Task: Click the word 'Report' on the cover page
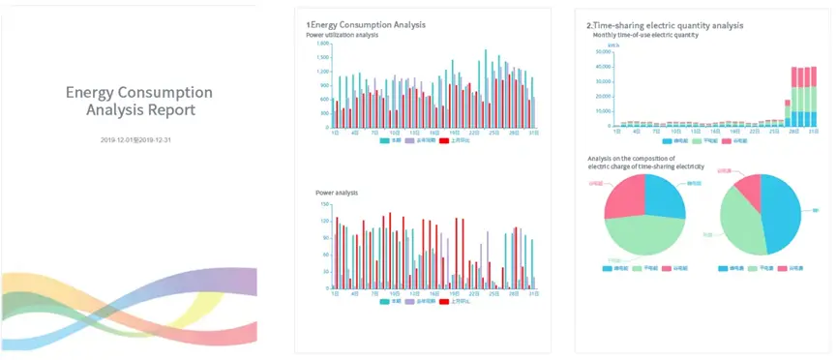point(167,110)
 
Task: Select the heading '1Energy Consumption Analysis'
point(366,24)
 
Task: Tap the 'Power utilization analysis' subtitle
point(342,35)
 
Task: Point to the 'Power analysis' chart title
point(338,193)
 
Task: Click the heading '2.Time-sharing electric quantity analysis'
point(665,24)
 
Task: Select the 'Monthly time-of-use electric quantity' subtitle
point(645,35)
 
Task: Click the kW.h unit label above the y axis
point(613,45)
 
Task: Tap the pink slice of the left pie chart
point(622,196)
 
